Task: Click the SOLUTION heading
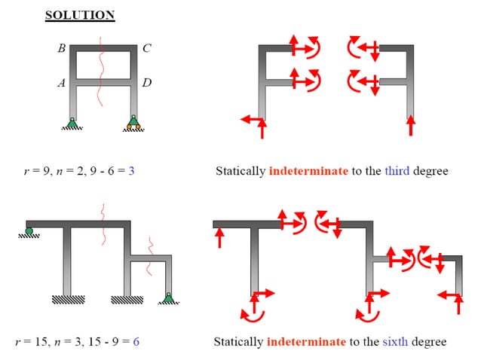pyautogui.click(x=79, y=14)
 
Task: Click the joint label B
pyautogui.click(x=61, y=49)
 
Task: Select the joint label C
pyautogui.click(x=147, y=49)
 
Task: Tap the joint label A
pyautogui.click(x=61, y=84)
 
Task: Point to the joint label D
pyautogui.click(x=147, y=82)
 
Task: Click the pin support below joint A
pyautogui.click(x=72, y=124)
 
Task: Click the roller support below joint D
pyautogui.click(x=133, y=123)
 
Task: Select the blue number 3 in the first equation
pyautogui.click(x=131, y=172)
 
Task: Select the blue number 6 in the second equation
pyautogui.click(x=136, y=342)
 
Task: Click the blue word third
pyautogui.click(x=397, y=172)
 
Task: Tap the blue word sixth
pyautogui.click(x=396, y=342)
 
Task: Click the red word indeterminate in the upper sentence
pyautogui.click(x=308, y=172)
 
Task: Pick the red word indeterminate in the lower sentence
pyautogui.click(x=306, y=342)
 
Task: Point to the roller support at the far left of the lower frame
pyautogui.click(x=29, y=232)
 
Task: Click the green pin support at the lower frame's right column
pyautogui.click(x=169, y=298)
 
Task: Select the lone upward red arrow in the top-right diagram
pyautogui.click(x=410, y=124)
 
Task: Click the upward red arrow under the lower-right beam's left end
pyautogui.click(x=219, y=238)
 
